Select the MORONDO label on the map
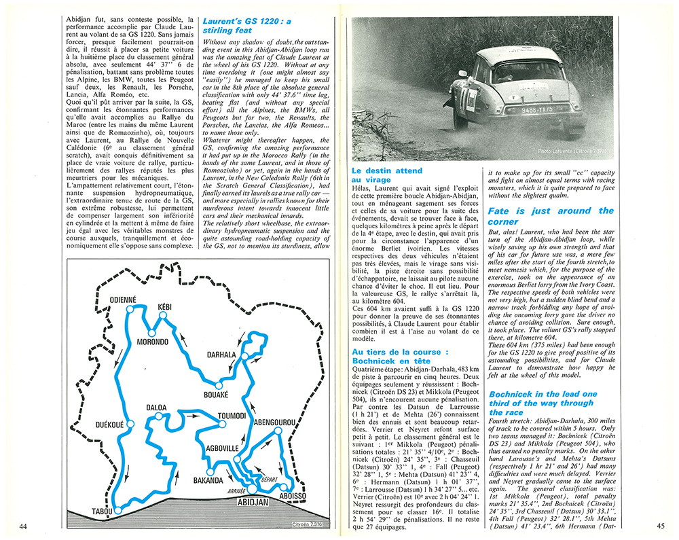pos(152,342)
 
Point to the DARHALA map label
pos(221,354)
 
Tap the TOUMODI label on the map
pos(232,416)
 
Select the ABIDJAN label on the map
pos(253,503)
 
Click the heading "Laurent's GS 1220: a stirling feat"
pos(246,26)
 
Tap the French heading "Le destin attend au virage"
pos(386,175)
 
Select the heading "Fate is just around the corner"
pos(551,216)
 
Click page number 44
pos(23,526)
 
